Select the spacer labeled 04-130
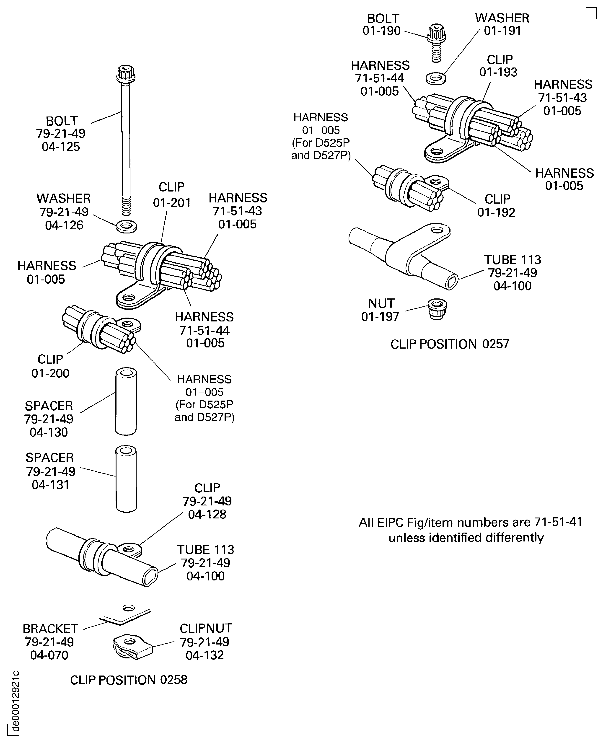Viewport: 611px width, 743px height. coord(126,401)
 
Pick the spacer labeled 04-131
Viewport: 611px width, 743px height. coord(126,479)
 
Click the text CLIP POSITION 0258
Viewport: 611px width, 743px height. coord(129,680)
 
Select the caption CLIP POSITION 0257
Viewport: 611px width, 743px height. coord(450,344)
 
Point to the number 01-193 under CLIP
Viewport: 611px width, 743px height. coord(498,72)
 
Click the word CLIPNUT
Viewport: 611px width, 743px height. coord(206,628)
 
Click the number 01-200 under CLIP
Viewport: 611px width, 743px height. coord(50,373)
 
